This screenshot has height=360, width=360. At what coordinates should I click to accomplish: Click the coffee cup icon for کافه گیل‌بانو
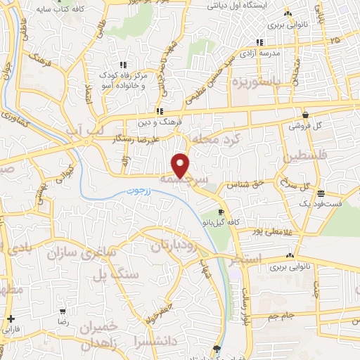[221, 212]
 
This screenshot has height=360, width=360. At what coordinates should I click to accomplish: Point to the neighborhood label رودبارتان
[170, 245]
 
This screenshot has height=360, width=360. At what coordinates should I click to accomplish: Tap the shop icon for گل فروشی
[304, 115]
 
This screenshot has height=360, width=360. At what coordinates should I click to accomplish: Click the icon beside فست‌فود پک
[320, 193]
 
